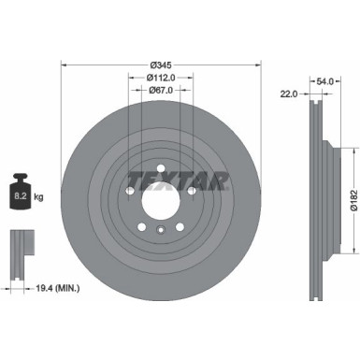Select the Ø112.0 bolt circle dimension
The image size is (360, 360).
(x=159, y=78)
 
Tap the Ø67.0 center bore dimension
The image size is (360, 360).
(x=159, y=91)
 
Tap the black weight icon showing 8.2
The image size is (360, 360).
(x=20, y=194)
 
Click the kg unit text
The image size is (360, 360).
(x=39, y=199)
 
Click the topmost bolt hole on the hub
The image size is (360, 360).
(x=159, y=169)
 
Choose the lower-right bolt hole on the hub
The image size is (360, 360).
(x=179, y=227)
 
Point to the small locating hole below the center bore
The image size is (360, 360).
(x=159, y=231)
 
